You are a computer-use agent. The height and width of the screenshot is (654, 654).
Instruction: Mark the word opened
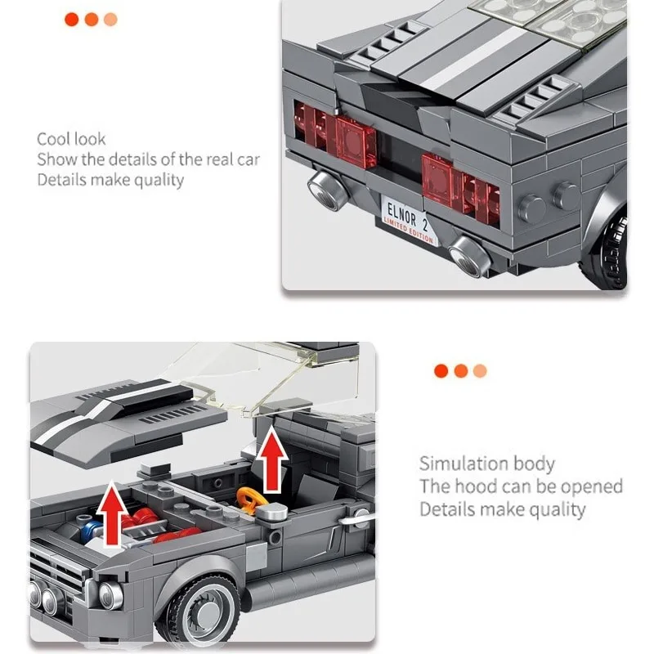click(589, 486)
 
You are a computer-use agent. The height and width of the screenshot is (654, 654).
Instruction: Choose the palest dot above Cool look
click(110, 19)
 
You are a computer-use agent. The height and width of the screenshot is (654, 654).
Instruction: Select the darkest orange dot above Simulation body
click(441, 370)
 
